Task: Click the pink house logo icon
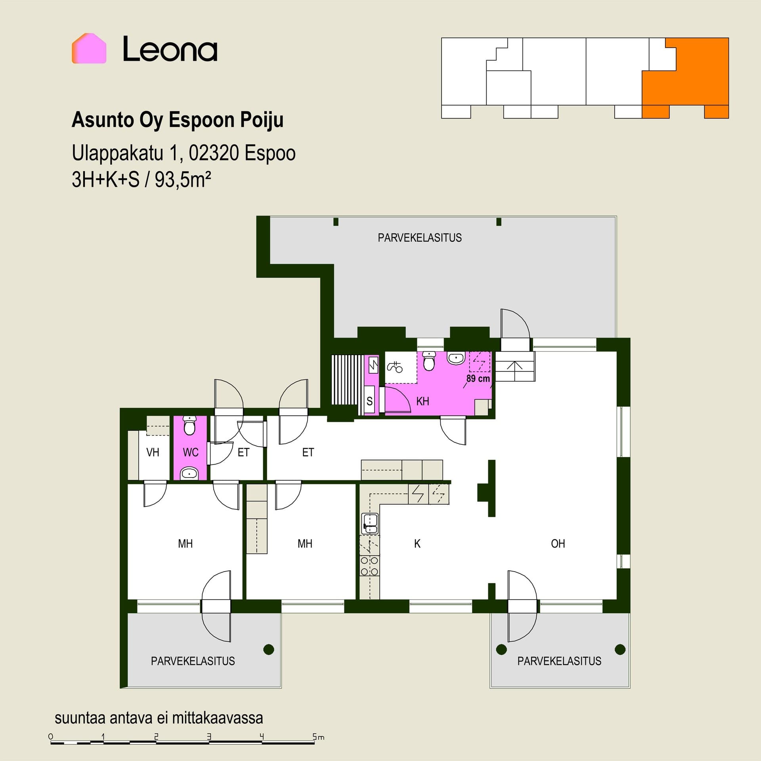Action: coord(89,48)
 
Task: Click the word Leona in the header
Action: coord(170,49)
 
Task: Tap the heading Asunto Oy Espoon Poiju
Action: coord(178,120)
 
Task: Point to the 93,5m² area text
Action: coord(183,180)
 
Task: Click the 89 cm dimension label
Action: coord(478,379)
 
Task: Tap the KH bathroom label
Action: coord(423,401)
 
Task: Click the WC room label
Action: coord(191,452)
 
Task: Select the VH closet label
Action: coord(153,452)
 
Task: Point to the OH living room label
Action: coord(558,543)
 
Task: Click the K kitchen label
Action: coord(417,543)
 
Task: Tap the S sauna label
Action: coord(369,401)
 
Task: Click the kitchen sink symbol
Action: coord(370,524)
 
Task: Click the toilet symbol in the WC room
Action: coord(190,425)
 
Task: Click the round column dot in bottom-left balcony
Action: coord(269,649)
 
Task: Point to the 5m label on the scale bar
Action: coord(318,737)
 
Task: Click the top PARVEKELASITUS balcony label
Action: coord(420,238)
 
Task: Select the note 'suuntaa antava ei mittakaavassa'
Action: coord(159,718)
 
